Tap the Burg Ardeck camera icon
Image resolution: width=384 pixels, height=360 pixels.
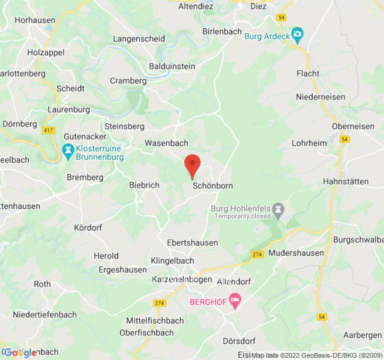297,34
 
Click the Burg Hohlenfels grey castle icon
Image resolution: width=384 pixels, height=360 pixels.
279,210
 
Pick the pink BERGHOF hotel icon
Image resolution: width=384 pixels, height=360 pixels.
235,300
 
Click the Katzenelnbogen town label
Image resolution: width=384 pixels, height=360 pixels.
182,279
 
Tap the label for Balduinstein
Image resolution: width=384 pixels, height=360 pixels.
172,67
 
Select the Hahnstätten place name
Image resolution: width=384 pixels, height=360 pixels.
346,181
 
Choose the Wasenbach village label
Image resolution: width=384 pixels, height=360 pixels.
166,143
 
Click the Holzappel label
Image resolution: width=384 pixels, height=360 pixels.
46,52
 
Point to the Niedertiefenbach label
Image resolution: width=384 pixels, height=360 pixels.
45,315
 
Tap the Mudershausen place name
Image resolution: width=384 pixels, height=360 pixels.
296,253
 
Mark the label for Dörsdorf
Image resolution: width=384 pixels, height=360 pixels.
239,341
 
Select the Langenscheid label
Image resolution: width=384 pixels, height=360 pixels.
139,39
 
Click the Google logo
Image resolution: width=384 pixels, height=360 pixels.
20,353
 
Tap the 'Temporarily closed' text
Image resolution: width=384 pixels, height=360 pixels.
242,216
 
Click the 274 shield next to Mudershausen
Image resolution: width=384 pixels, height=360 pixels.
257,255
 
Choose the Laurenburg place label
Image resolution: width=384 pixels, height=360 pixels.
69,109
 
